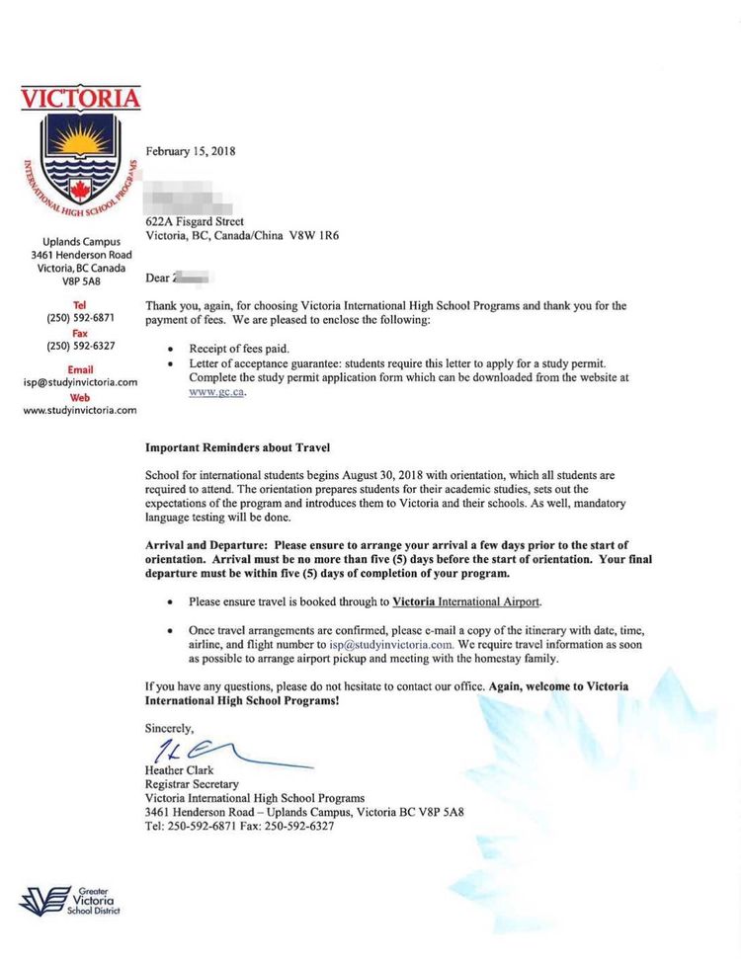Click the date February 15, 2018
(x=190, y=151)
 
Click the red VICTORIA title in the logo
(x=80, y=99)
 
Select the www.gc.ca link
(x=216, y=392)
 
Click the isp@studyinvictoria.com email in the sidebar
(x=80, y=382)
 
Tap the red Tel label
(x=81, y=305)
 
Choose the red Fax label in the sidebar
(x=81, y=333)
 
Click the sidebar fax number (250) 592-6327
(x=81, y=346)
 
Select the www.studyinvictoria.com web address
(x=80, y=410)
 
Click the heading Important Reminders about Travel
(x=237, y=447)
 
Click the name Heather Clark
(x=179, y=770)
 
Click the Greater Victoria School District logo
(x=70, y=900)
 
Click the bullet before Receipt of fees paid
(x=172, y=350)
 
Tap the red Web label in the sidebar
(x=80, y=397)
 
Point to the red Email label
(x=80, y=369)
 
